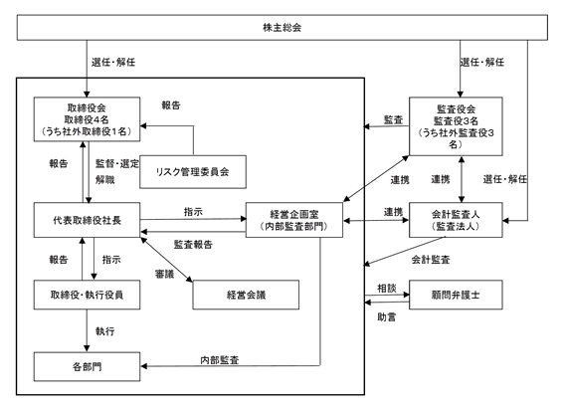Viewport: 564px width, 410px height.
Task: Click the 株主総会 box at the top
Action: pos(282,27)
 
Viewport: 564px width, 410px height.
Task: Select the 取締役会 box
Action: pos(87,119)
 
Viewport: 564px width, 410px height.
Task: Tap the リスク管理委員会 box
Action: pos(193,172)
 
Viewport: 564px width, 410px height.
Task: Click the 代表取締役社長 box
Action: pos(87,220)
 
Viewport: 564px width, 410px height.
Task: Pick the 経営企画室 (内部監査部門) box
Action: pos(294,220)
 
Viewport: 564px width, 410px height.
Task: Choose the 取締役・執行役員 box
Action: pos(87,295)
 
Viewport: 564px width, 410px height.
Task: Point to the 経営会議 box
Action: pos(246,295)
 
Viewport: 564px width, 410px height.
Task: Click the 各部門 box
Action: pos(87,366)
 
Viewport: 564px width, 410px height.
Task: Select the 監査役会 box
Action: pos(456,126)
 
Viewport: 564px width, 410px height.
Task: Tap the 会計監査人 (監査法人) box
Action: pos(456,220)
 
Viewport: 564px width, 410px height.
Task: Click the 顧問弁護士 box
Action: pos(456,295)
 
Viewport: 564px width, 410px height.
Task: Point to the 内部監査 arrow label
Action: pos(220,360)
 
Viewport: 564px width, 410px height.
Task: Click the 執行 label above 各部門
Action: pos(105,331)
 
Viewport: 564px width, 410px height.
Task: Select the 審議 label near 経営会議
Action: pos(165,275)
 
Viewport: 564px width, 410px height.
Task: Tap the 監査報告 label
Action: pos(193,245)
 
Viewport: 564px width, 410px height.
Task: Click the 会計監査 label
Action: pos(431,260)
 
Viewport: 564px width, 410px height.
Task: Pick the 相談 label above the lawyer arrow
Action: pos(387,288)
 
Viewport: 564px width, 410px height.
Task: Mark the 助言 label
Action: pos(387,317)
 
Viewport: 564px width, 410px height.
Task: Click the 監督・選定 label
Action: pos(117,164)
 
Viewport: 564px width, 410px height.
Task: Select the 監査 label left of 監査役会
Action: pos(394,119)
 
